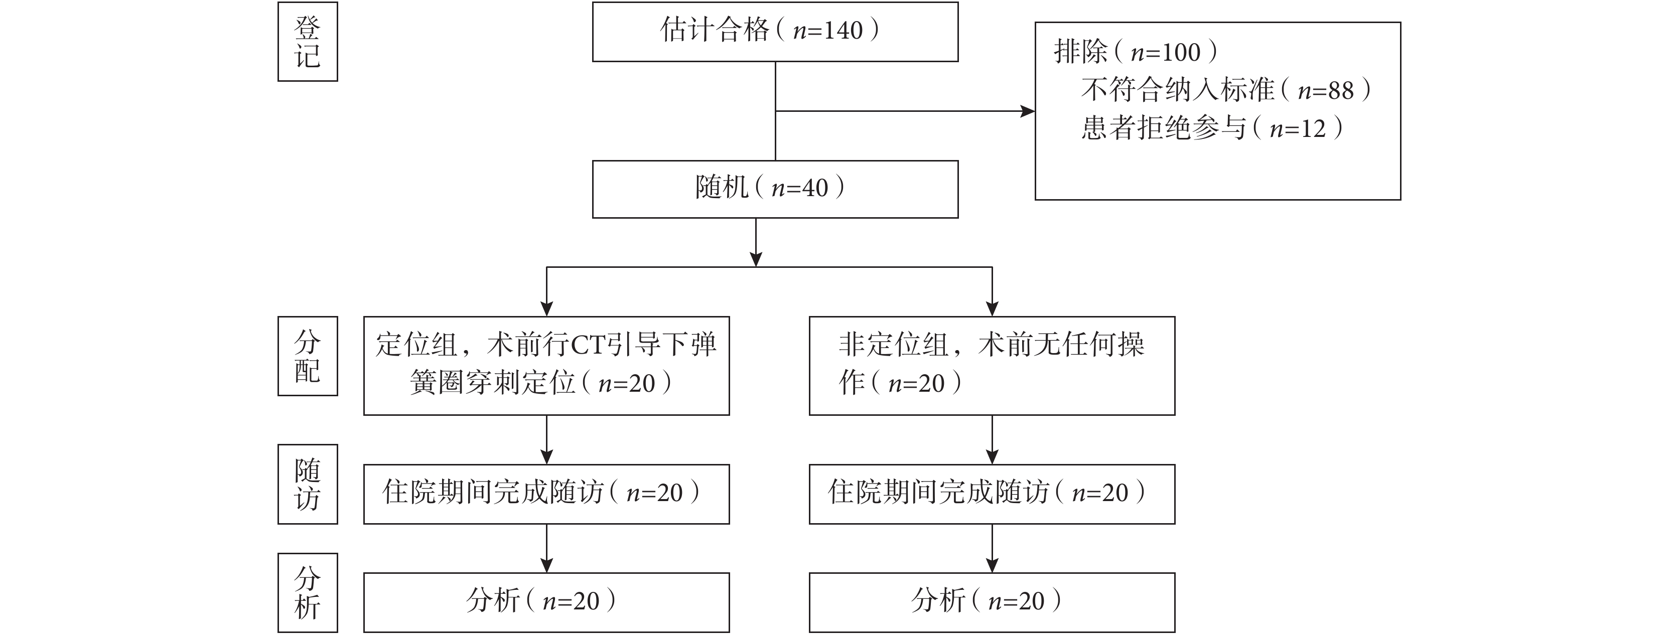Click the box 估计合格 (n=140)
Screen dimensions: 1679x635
[x=775, y=32]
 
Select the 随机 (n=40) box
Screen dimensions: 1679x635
[x=775, y=189]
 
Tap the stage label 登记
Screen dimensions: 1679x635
[x=308, y=42]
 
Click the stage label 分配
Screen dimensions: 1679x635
[x=308, y=356]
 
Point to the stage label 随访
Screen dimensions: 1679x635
[x=308, y=484]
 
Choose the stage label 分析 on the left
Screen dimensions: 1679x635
[x=308, y=593]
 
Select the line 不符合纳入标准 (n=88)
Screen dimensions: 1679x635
[x=1226, y=90]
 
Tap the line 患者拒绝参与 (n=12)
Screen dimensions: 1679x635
[x=1212, y=127]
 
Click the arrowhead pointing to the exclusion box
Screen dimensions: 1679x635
[x=1028, y=111]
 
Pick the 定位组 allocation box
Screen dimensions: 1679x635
[x=546, y=366]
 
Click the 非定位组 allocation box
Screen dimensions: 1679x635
[x=992, y=366]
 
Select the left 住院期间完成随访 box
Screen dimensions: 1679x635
[x=546, y=495]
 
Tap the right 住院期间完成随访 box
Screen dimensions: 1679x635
[x=992, y=495]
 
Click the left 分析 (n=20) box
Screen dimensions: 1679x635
[x=546, y=602]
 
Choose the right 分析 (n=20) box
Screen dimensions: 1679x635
[x=992, y=602]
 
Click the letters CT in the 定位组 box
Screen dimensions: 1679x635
[x=589, y=345]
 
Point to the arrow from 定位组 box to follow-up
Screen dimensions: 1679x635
[x=546, y=439]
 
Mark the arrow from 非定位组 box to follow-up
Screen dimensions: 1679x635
[x=992, y=439]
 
